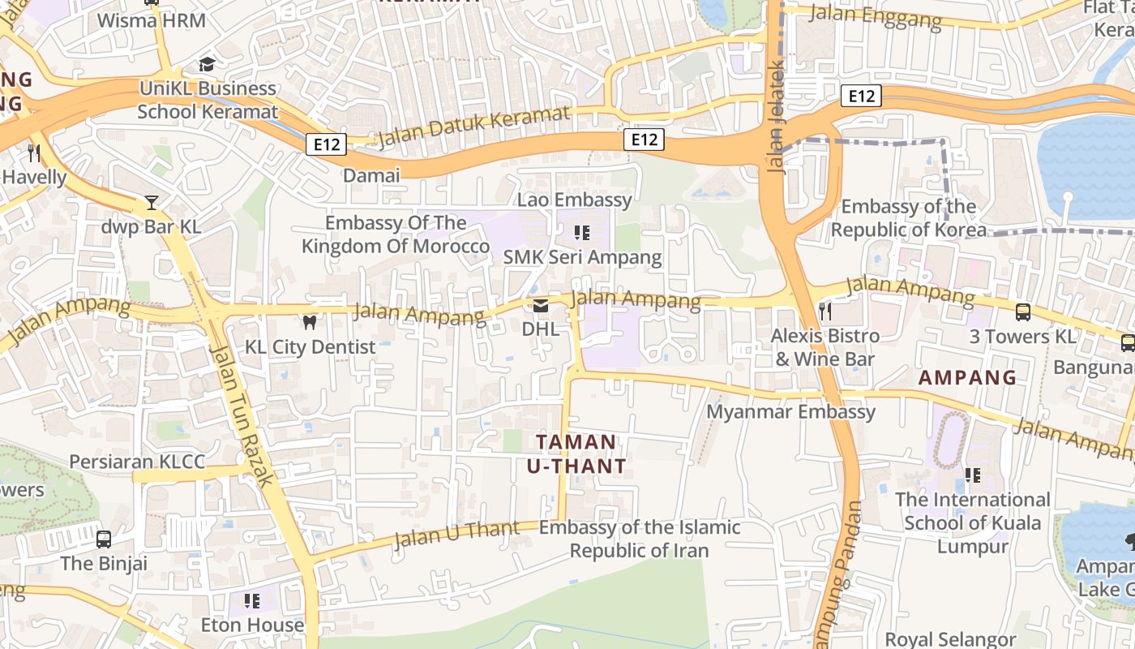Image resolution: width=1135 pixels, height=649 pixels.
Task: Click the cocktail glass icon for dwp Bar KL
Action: click(x=152, y=202)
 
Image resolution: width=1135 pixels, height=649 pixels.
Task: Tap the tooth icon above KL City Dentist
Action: click(x=309, y=322)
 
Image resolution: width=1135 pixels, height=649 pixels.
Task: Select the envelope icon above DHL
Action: click(x=540, y=306)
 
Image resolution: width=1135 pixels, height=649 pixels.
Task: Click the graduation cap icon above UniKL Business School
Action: click(x=208, y=64)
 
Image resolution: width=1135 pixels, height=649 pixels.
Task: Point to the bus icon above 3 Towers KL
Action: click(x=1023, y=312)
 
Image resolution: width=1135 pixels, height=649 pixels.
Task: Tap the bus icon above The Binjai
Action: click(x=104, y=539)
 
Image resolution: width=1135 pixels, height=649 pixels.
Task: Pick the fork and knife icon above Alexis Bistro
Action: click(x=825, y=311)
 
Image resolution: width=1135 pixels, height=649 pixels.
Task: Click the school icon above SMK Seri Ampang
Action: click(x=581, y=234)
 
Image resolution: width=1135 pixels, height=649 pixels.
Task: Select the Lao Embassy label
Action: click(x=575, y=200)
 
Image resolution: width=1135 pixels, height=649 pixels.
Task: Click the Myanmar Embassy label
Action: click(x=791, y=411)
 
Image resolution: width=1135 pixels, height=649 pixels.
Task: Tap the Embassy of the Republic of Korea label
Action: click(x=909, y=218)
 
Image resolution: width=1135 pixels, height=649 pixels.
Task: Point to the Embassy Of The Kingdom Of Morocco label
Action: click(x=396, y=234)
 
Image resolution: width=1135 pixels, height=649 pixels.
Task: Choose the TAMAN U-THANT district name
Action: click(x=576, y=454)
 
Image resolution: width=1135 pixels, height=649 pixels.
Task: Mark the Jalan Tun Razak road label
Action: click(x=241, y=414)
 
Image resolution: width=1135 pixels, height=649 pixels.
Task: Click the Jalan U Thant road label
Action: click(x=456, y=533)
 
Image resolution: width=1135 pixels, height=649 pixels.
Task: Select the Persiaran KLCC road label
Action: click(x=137, y=462)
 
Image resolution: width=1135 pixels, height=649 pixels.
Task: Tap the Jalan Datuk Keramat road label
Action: click(x=473, y=127)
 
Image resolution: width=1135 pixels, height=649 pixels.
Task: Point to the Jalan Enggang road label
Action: click(x=876, y=15)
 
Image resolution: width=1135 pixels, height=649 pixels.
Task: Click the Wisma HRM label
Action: click(x=151, y=20)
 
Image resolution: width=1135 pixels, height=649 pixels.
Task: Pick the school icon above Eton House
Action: click(x=252, y=601)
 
